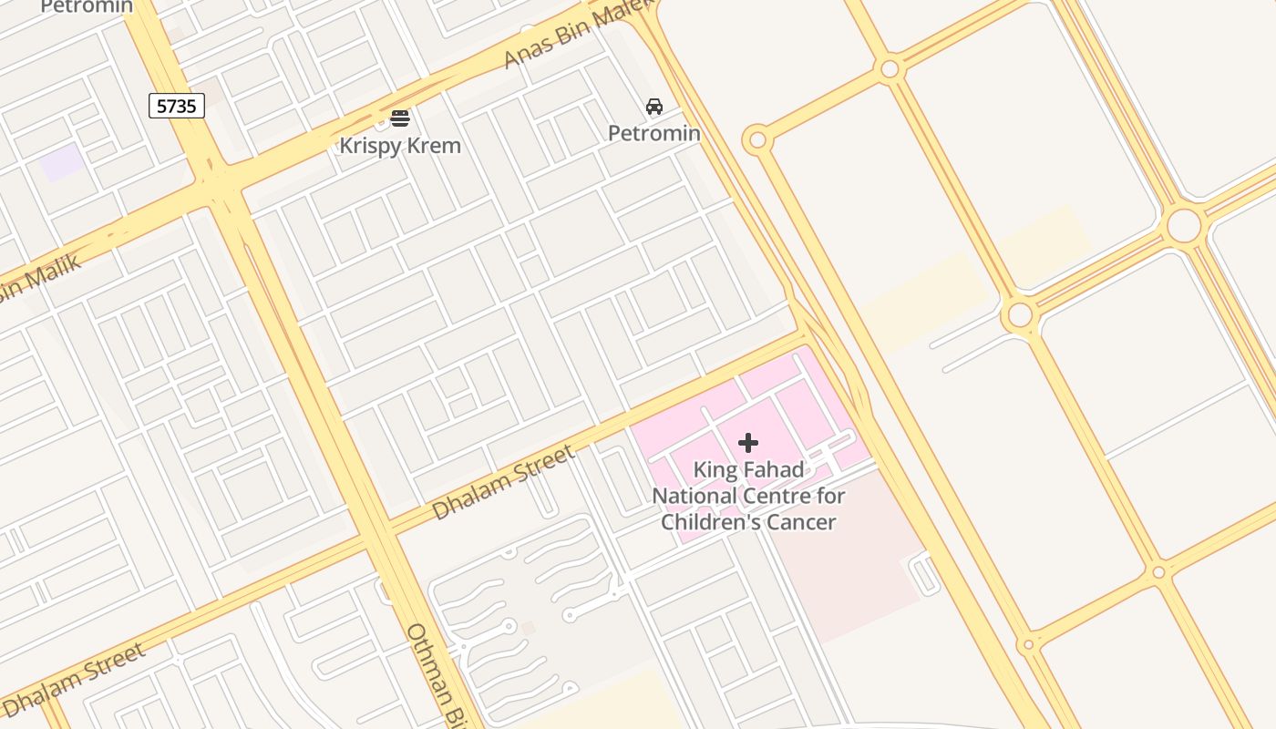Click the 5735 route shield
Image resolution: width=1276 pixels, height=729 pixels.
177,107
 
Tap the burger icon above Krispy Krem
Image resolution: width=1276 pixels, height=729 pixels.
400,118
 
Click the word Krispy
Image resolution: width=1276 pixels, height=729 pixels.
370,146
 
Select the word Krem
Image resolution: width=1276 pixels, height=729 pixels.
433,146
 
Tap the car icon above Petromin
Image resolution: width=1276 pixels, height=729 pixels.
654,107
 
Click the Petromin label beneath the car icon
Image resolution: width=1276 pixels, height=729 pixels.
654,134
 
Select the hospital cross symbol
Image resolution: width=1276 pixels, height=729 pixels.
748,443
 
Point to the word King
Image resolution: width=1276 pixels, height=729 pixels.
713,470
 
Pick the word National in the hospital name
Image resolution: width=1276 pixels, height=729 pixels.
695,497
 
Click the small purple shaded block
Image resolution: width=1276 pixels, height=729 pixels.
62,163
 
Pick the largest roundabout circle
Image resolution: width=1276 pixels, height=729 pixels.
1184,225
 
